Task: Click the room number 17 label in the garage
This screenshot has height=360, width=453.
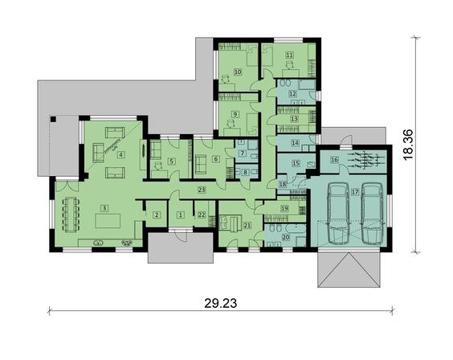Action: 355,192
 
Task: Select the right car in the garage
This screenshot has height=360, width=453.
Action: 372,214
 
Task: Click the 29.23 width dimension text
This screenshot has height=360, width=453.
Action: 221,303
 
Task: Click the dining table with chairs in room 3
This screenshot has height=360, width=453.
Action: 71,215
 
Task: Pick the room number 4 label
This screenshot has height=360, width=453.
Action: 121,155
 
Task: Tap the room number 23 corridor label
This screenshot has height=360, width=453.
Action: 202,190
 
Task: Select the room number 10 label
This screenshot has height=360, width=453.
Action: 238,72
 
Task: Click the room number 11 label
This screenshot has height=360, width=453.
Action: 289,55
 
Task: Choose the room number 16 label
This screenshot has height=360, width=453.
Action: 335,160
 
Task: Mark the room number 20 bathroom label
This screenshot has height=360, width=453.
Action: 285,237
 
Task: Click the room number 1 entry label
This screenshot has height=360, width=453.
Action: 181,215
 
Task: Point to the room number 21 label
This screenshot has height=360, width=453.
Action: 247,225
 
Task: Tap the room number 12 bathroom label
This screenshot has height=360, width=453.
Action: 292,93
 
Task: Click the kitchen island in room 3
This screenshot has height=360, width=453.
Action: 108,221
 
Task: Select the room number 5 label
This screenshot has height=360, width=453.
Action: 172,161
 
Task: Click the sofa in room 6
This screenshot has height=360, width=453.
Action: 201,163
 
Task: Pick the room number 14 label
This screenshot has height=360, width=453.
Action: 295,143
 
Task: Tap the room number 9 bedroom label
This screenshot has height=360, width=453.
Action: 235,114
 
